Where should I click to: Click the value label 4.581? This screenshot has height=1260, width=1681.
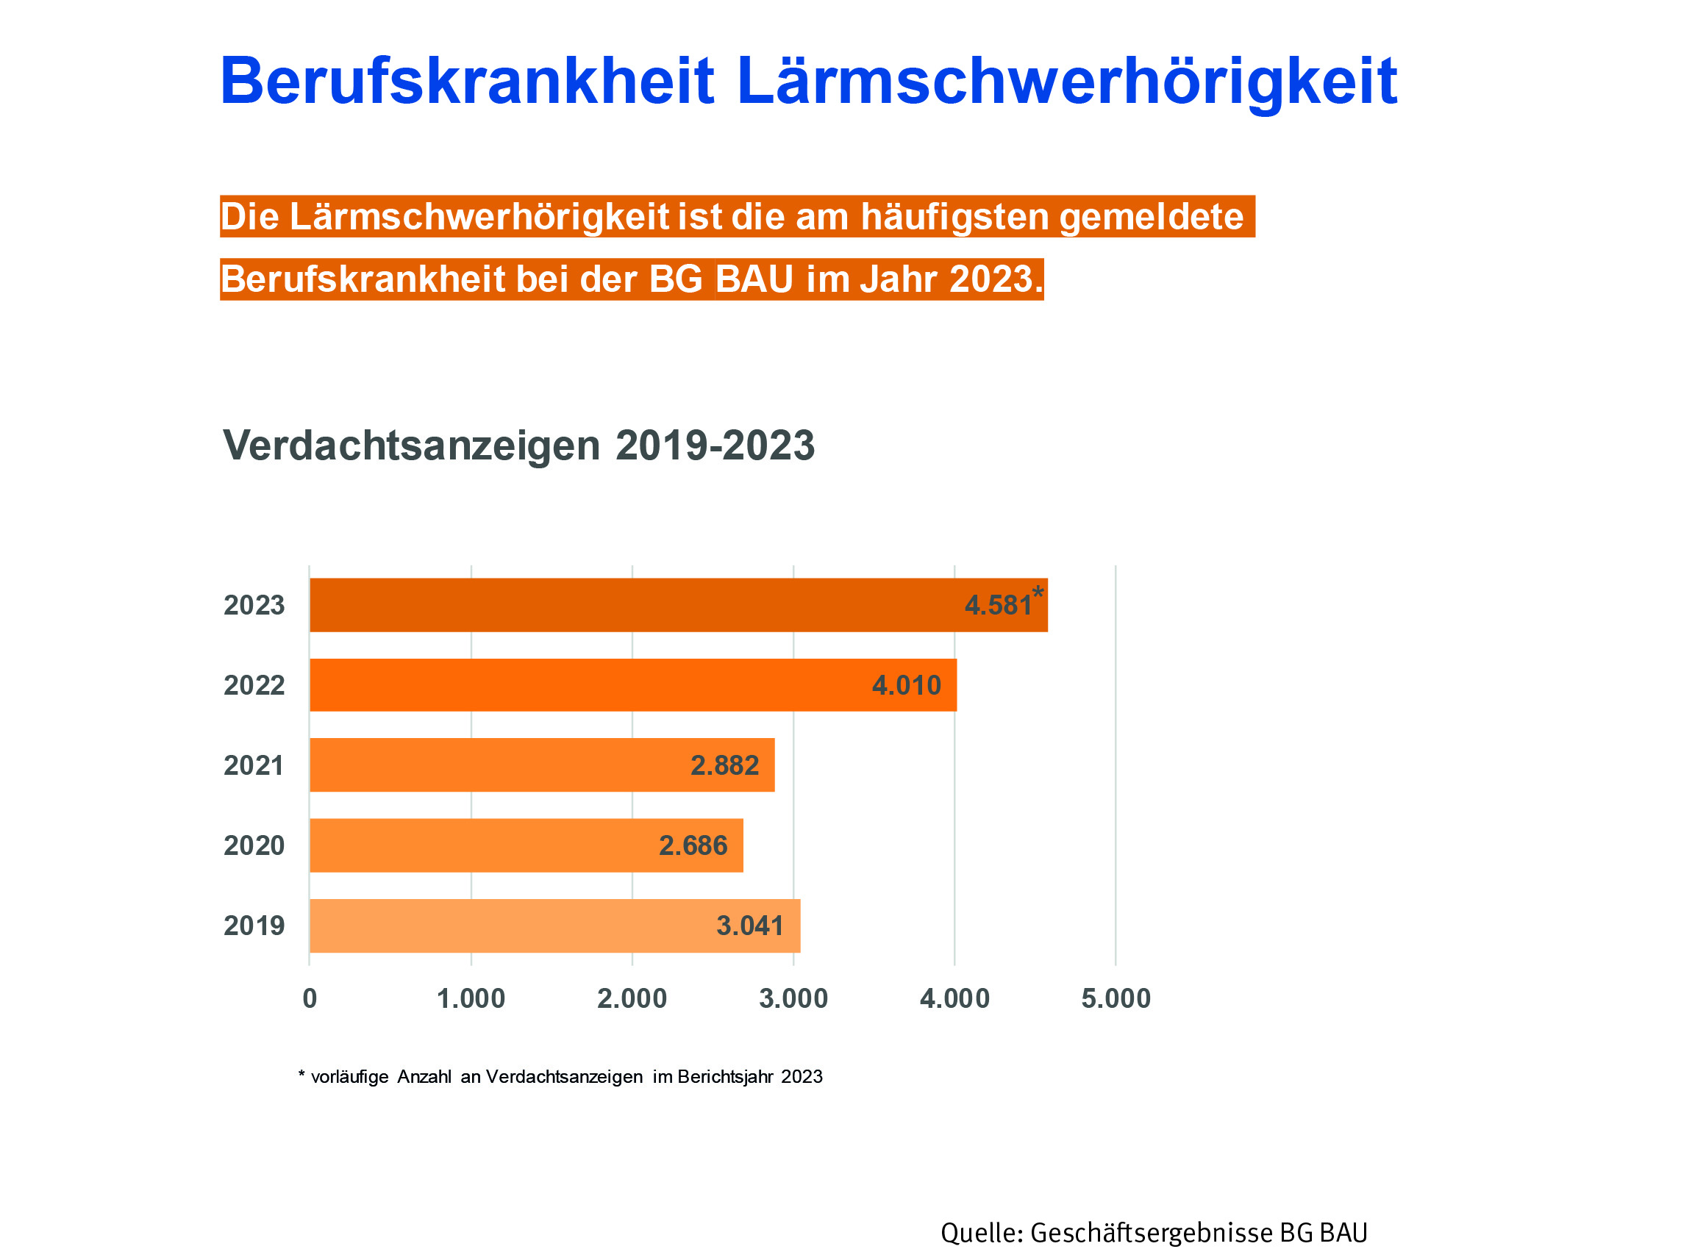(998, 605)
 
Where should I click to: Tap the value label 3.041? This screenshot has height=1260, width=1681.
(749, 926)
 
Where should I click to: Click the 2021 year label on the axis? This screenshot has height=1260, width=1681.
(253, 765)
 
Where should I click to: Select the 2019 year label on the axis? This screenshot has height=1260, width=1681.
(253, 926)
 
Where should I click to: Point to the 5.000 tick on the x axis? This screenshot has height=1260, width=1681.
(1116, 998)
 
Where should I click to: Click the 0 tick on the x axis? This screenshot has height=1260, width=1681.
(310, 998)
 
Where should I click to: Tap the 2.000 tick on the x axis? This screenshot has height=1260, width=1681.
(632, 998)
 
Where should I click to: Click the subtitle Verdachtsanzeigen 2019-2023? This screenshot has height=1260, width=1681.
(518, 445)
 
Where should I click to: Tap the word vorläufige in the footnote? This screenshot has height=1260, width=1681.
(349, 1077)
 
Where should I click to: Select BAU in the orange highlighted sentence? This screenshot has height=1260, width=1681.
(754, 279)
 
